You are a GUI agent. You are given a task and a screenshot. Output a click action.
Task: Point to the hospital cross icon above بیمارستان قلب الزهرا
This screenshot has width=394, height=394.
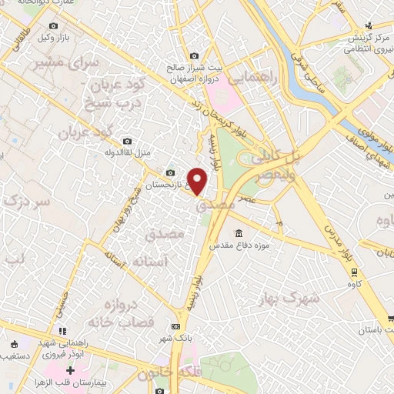(70, 371)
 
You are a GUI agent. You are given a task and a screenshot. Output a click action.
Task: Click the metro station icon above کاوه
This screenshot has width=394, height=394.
(353, 272)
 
